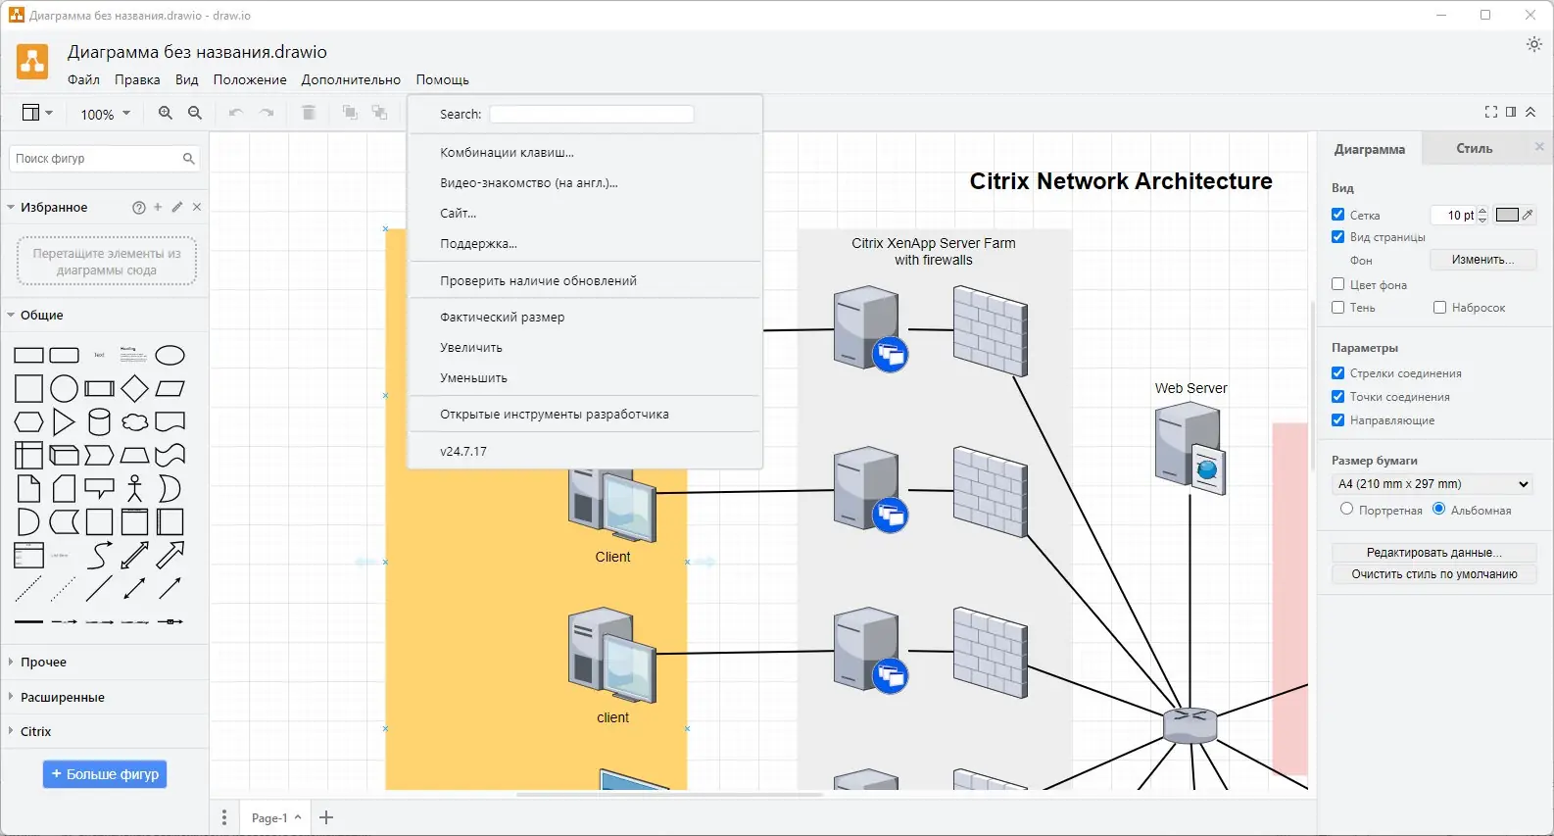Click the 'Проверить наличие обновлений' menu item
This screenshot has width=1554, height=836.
pos(538,280)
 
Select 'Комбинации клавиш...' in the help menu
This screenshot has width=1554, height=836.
pos(507,152)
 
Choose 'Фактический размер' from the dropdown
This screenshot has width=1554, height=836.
pos(502,317)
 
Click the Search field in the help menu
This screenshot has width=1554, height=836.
pos(591,114)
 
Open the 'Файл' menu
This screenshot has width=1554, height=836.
pos(83,79)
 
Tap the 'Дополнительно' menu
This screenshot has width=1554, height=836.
pos(351,79)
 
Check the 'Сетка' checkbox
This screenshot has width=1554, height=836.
pos(1337,215)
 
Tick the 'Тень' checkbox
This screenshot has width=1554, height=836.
pos(1337,307)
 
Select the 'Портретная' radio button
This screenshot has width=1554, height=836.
pos(1346,509)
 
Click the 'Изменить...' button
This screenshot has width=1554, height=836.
pos(1481,260)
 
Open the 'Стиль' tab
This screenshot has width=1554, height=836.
pos(1474,148)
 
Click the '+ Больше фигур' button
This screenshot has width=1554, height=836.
pos(105,774)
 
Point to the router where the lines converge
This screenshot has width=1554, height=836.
pos(1190,725)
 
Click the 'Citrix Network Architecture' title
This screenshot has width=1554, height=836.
pos(1120,181)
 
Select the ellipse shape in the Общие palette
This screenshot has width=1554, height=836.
pos(170,355)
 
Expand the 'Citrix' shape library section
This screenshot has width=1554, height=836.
pos(36,731)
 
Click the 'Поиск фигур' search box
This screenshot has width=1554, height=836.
pos(96,158)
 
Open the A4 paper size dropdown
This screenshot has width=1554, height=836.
pos(1433,483)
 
